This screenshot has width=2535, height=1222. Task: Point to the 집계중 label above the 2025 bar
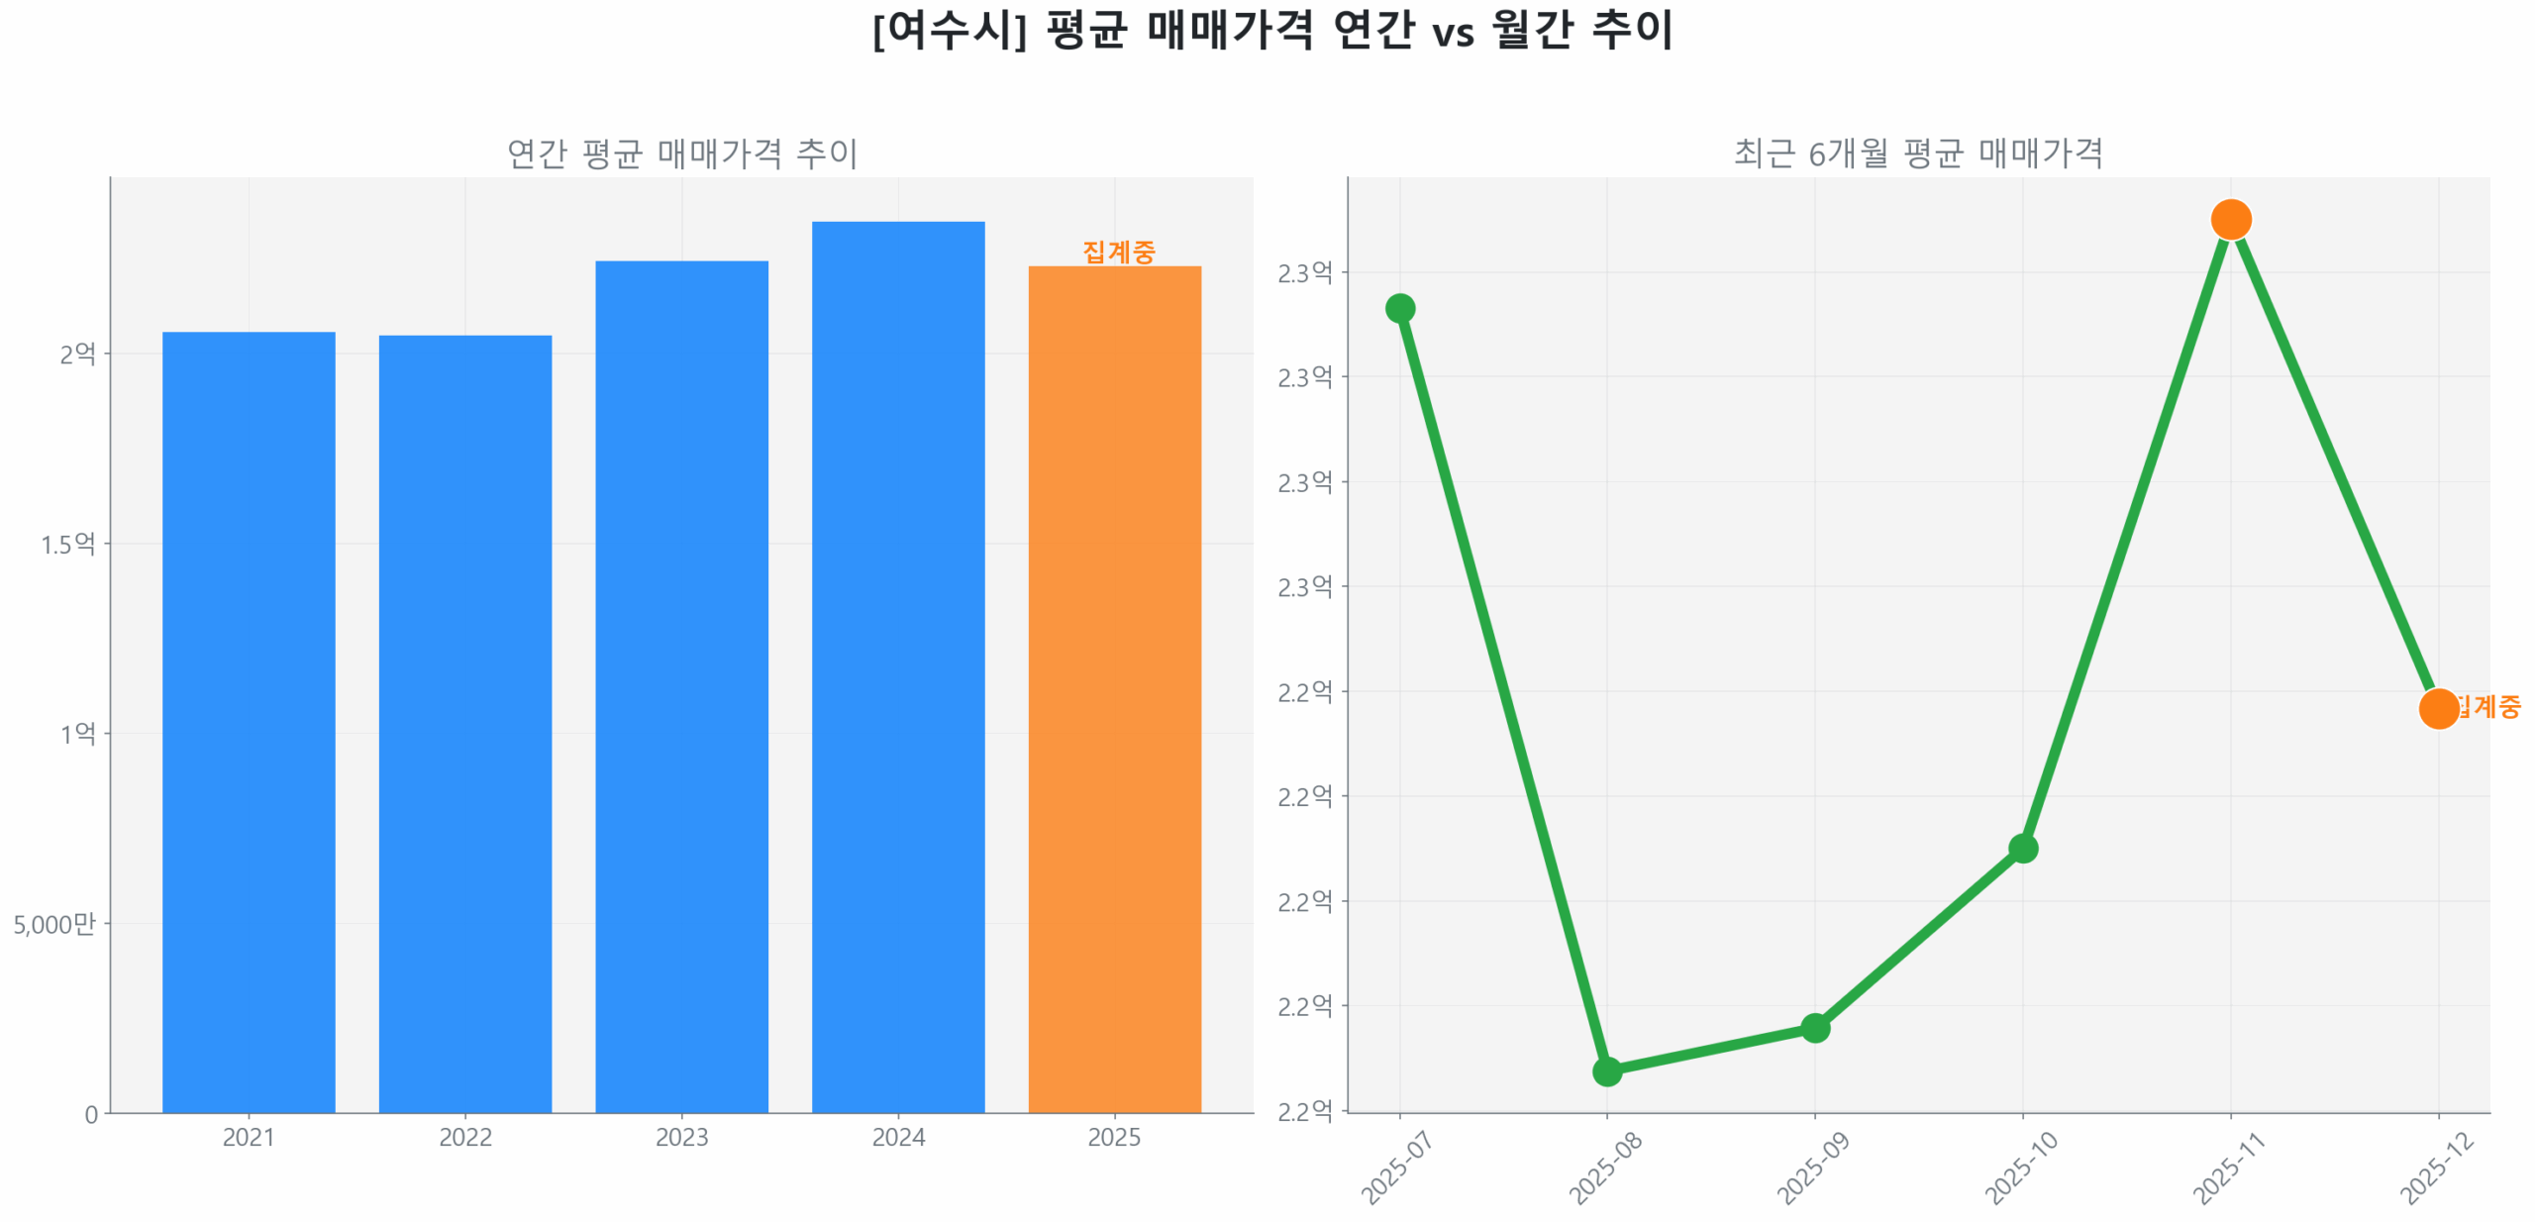1118,252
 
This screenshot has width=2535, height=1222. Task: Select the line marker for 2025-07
1399,308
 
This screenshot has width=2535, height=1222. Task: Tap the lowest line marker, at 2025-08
1606,1070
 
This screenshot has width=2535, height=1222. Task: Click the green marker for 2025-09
1814,1027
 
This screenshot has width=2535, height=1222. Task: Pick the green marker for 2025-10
2022,848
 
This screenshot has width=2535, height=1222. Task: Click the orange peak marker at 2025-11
2230,219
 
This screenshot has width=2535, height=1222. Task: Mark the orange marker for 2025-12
2438,708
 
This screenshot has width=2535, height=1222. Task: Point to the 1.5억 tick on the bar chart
67,544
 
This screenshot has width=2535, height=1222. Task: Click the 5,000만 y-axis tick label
54,924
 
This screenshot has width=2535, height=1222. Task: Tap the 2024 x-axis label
897,1137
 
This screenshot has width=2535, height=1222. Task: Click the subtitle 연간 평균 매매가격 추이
681,153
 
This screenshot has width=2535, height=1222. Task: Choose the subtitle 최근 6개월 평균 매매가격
1918,153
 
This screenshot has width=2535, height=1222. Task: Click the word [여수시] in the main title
949,30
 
